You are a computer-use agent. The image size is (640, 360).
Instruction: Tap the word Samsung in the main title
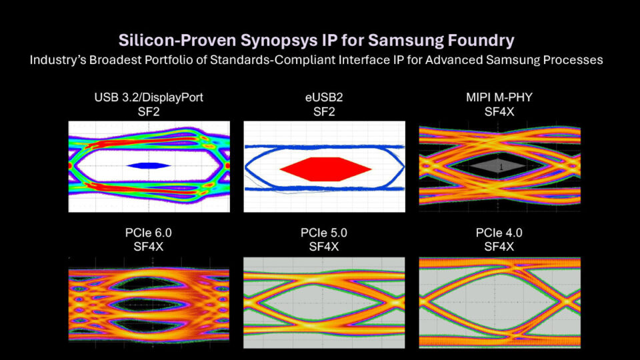click(x=415, y=40)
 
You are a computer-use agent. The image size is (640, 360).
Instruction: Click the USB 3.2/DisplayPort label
click(x=149, y=98)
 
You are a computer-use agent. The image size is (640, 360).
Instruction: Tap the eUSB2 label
click(x=324, y=98)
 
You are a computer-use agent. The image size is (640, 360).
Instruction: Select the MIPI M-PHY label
click(x=499, y=98)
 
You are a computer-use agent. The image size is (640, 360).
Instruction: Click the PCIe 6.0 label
click(x=149, y=233)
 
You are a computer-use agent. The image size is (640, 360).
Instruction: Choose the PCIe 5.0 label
click(x=324, y=233)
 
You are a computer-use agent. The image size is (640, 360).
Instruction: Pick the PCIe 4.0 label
click(x=499, y=233)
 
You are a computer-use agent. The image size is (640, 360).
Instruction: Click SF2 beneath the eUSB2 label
click(x=324, y=111)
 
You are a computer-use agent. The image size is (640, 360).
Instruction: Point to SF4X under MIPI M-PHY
click(x=499, y=111)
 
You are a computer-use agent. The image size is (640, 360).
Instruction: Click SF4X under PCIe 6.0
click(x=149, y=247)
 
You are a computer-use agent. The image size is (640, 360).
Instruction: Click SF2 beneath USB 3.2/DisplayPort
click(x=149, y=111)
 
